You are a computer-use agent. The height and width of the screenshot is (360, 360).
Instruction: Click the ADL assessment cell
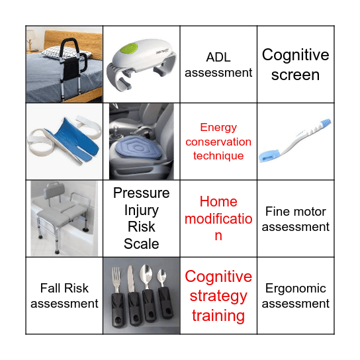tap(218, 64)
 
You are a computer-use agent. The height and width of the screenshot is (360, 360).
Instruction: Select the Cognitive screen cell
tap(295, 64)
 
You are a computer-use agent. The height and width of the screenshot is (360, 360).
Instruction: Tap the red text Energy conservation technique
tap(218, 141)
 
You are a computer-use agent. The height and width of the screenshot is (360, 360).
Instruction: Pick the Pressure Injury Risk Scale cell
tap(141, 218)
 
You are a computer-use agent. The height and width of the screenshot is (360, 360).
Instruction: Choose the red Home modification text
tap(218, 218)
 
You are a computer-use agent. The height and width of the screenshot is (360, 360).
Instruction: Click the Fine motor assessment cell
tap(295, 219)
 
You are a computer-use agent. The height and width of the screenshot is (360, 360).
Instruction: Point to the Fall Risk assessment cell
tap(64, 296)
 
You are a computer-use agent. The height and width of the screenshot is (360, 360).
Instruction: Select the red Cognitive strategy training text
tap(218, 296)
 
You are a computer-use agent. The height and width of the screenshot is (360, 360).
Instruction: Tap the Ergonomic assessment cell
tap(295, 296)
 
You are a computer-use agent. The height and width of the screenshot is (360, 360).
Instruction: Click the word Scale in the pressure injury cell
tap(141, 244)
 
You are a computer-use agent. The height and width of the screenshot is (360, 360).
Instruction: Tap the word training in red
tap(218, 315)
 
